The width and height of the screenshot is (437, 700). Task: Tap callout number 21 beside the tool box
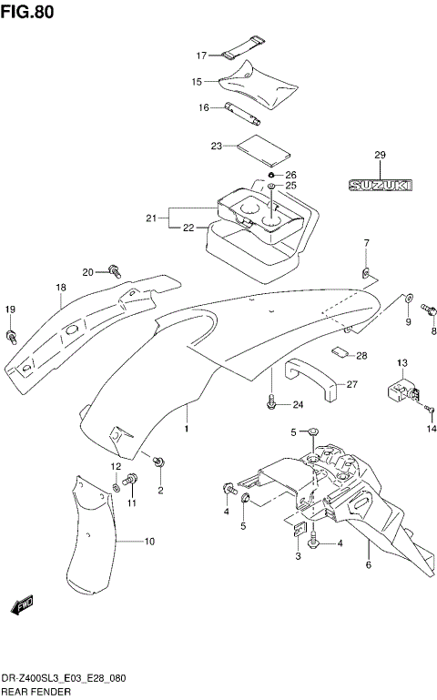click(x=150, y=218)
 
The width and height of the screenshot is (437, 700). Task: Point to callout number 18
click(x=60, y=289)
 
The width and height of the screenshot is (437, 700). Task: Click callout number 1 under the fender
click(x=186, y=428)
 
